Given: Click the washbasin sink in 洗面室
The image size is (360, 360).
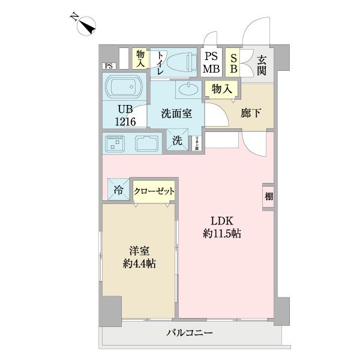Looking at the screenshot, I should pos(188,91).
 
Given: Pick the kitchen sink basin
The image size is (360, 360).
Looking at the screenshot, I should pos(146,144).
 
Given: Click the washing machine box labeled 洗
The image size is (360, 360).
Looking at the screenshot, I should pos(178,142).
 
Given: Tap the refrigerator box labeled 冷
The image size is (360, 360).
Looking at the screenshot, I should pos(118,191).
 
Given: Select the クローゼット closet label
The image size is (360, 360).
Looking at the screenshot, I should pos(154,191).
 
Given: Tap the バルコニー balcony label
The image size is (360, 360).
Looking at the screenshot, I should pos(190,334).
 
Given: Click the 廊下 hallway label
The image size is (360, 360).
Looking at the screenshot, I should pos(250,112).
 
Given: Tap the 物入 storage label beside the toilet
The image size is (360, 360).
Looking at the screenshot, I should pos(141,58).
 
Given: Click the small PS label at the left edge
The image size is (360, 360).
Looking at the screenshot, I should pos(109,66).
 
